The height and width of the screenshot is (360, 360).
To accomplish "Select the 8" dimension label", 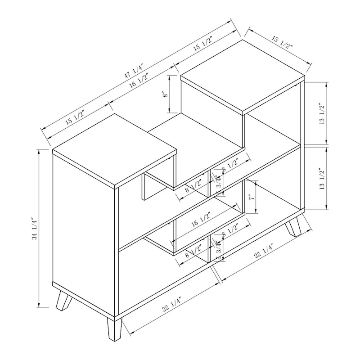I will tap(166, 94).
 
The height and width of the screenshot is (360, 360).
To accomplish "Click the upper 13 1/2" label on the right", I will tap(321, 115).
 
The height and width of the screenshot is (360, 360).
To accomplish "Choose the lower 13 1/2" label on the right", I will tap(321, 179).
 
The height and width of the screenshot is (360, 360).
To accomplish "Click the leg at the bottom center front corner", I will tap(113, 330).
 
